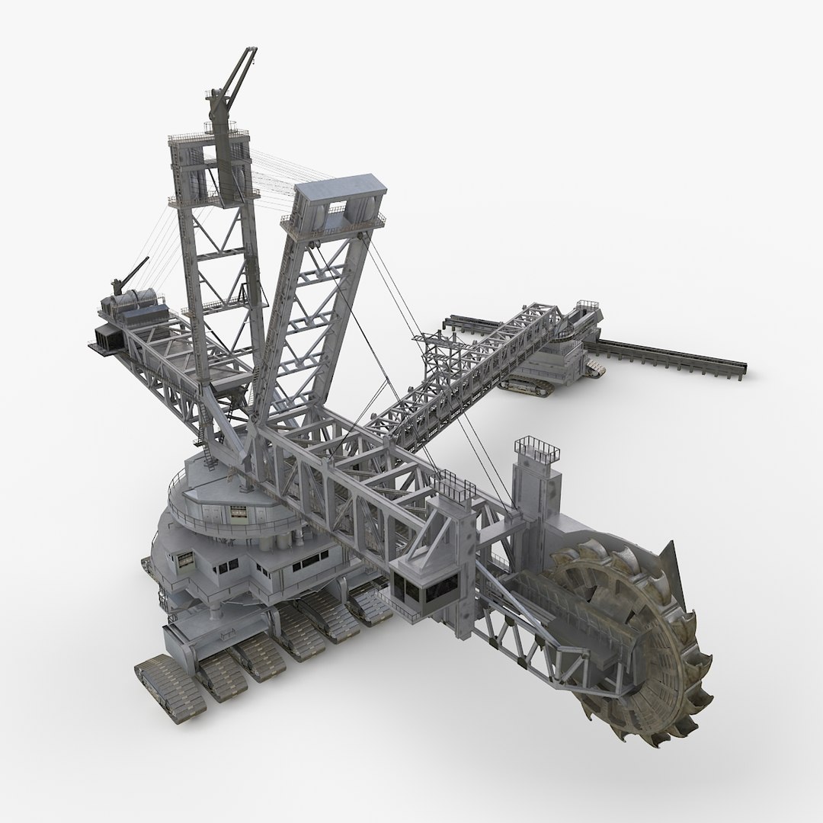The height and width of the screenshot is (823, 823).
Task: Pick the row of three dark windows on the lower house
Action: (305, 565)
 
